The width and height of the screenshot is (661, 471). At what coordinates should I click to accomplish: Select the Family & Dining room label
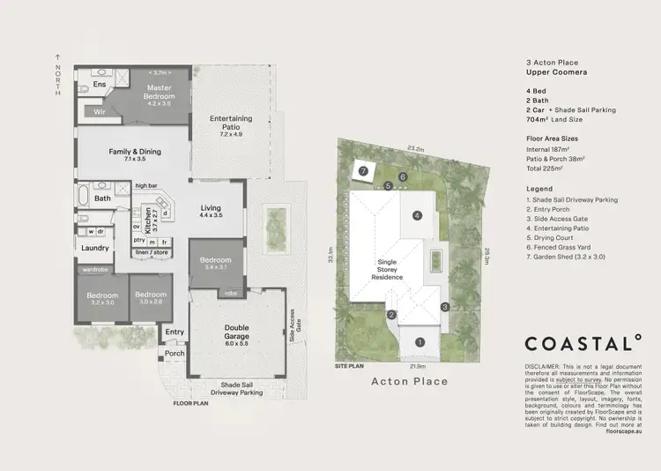135,155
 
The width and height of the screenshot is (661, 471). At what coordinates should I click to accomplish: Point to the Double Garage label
231,332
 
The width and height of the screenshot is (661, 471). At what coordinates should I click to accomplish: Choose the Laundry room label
93,249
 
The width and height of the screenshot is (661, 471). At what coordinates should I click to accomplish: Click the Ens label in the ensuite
100,85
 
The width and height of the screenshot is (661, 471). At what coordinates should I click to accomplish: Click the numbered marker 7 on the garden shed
361,171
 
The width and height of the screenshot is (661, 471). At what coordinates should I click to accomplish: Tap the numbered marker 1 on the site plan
420,341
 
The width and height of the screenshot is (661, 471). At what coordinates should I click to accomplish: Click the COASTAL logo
582,343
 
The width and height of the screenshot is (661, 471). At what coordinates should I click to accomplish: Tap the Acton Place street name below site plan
409,381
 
